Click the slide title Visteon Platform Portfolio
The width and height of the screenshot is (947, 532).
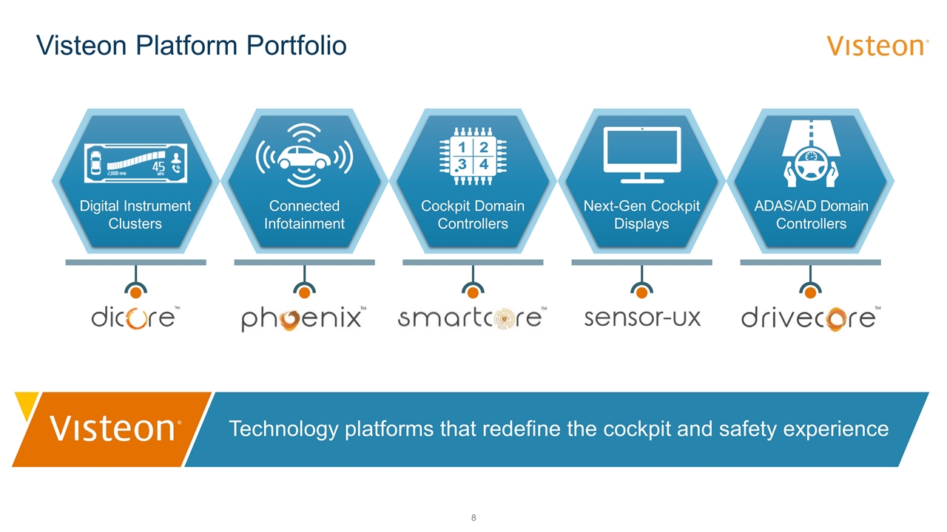pyautogui.click(x=192, y=46)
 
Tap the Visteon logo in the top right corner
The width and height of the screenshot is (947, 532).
pyautogui.click(x=877, y=46)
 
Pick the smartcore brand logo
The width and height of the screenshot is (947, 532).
pyautogui.click(x=471, y=318)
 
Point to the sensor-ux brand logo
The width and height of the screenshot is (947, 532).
pyautogui.click(x=641, y=318)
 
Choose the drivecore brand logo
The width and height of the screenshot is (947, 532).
pyautogui.click(x=810, y=318)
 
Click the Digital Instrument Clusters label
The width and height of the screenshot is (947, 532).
pyautogui.click(x=135, y=214)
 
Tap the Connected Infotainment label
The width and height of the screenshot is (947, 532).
pyautogui.click(x=304, y=214)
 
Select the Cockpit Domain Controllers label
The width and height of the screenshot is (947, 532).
pyautogui.click(x=473, y=214)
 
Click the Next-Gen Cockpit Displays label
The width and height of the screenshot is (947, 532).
pyautogui.click(x=641, y=214)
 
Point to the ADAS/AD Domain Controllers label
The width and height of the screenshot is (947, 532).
pyautogui.click(x=811, y=214)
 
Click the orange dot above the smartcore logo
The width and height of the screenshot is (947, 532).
pyautogui.click(x=473, y=293)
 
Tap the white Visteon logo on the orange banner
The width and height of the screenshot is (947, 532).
pyautogui.click(x=114, y=429)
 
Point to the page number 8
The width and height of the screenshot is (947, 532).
pyautogui.click(x=473, y=517)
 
